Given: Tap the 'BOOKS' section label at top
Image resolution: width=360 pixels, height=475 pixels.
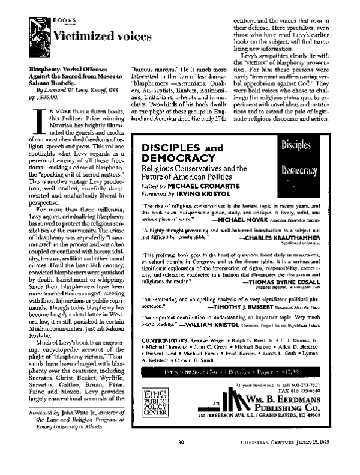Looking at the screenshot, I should tap(64, 20).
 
